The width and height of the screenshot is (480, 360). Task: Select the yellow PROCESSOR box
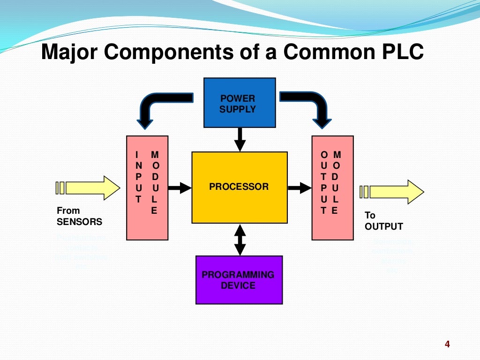pos(239,187)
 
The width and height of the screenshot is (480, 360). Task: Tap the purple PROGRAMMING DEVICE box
pos(239,280)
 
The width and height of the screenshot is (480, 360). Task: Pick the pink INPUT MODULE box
pos(147,187)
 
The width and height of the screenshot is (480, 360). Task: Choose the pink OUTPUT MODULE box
pos(332,187)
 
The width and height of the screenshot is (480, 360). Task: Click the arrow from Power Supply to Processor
pos(240,139)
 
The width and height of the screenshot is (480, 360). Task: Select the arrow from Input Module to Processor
pos(180,188)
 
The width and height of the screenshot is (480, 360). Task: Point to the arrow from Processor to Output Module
pos(300,188)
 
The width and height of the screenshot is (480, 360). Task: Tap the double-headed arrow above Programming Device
pos(240,240)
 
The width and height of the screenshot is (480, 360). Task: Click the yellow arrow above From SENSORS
pos(89,188)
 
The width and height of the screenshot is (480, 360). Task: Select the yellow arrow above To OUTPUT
pos(393,192)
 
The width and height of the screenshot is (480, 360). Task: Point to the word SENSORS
pos(79,222)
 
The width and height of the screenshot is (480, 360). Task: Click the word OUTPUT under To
pos(383,226)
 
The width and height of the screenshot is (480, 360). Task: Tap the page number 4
pos(447,345)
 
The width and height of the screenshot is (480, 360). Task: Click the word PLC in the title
pos(400,52)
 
